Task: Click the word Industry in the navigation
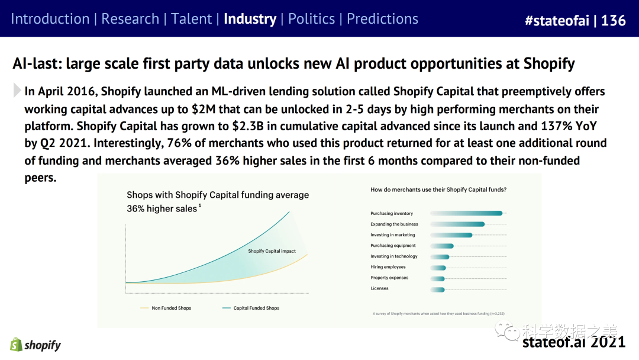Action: [250, 19]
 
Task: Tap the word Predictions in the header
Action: [382, 19]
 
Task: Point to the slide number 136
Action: [614, 21]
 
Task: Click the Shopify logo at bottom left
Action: [35, 345]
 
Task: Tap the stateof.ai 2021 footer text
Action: [573, 342]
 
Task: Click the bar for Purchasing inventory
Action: [466, 213]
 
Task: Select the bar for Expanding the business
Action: [457, 224]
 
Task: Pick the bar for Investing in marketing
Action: [451, 235]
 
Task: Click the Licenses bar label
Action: [379, 288]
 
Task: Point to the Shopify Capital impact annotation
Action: [272, 251]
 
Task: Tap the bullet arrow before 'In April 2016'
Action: [17, 91]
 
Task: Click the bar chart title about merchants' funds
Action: [438, 189]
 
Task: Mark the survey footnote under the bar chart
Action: [438, 313]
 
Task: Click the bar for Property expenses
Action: [437, 278]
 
